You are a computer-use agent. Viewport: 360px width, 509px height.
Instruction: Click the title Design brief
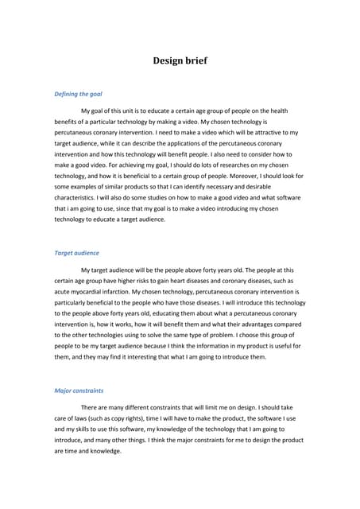[180, 60]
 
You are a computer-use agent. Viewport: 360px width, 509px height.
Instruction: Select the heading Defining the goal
[78, 94]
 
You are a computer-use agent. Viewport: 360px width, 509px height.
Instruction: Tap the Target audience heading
[76, 253]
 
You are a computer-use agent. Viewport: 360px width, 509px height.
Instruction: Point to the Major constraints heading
[79, 390]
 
